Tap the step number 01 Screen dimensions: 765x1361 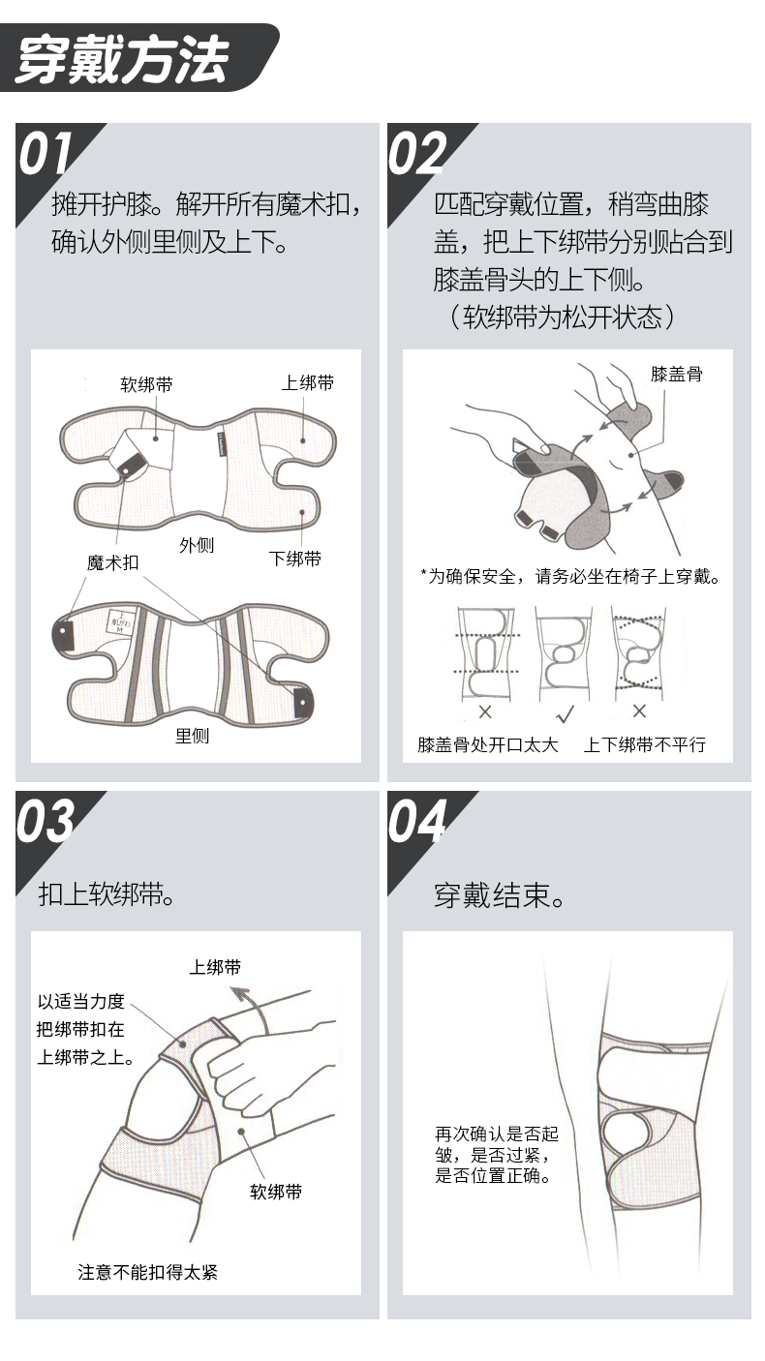pos(45,154)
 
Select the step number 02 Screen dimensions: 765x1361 pos(417,154)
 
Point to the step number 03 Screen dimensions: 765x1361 pos(46,822)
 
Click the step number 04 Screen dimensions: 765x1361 pos(418,822)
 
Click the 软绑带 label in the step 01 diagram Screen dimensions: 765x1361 pos(146,384)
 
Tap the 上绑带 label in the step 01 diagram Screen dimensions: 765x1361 pos(308,382)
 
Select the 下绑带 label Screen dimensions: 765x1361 pos(295,559)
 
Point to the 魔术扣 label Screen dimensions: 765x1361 pos(113,562)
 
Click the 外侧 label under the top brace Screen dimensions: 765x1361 pos(197,545)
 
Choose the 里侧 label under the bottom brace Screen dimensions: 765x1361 pos(192,736)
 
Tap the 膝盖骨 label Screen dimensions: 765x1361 pos(676,374)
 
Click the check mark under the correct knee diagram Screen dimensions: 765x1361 pos(566,713)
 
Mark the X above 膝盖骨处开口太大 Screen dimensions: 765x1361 pos(485,711)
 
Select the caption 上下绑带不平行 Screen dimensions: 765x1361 pos(645,744)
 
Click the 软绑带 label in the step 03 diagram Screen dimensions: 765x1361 pos(276,1192)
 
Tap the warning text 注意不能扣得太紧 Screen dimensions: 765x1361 pos(147,1272)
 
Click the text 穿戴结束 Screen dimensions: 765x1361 pos(499,895)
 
